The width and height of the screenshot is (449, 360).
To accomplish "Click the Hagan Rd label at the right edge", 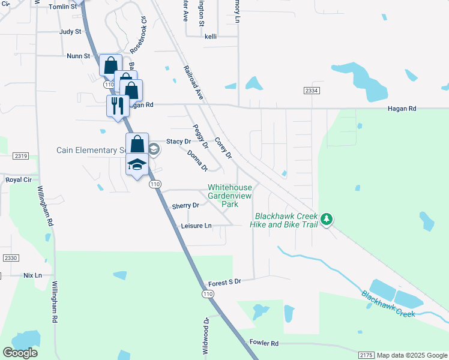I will [x=402, y=109].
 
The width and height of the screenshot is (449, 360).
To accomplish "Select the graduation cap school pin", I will [x=137, y=164].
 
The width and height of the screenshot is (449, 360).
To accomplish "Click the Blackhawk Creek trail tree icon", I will [x=327, y=220].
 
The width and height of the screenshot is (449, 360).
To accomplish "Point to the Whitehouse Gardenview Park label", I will [x=230, y=196].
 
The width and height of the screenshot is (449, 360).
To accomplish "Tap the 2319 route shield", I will [x=20, y=156].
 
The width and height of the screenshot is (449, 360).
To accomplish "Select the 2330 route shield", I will [x=11, y=257].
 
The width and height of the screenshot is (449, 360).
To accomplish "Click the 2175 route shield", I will [x=367, y=355].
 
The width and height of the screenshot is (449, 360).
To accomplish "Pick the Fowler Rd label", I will [x=264, y=343].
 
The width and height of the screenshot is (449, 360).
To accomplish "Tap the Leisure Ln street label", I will [x=196, y=226].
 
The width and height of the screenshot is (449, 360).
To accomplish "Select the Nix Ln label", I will [x=33, y=275].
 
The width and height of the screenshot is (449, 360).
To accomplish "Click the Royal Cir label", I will [x=18, y=179].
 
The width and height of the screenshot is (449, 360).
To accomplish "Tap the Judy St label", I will [x=70, y=32].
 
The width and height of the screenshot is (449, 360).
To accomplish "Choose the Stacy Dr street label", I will [x=178, y=142].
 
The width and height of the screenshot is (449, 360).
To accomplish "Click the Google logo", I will [x=20, y=353].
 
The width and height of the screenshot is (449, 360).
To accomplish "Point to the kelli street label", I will [x=210, y=36].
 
